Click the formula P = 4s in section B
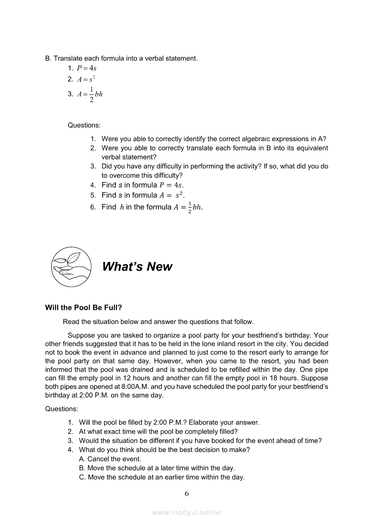87,68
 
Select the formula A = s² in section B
86,79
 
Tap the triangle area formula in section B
90,94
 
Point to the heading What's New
137,266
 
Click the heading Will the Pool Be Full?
84,308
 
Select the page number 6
186,494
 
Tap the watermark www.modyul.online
186,512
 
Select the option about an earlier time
162,477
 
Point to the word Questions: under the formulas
84,125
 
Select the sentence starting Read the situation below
158,322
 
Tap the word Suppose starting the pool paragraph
80,336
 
